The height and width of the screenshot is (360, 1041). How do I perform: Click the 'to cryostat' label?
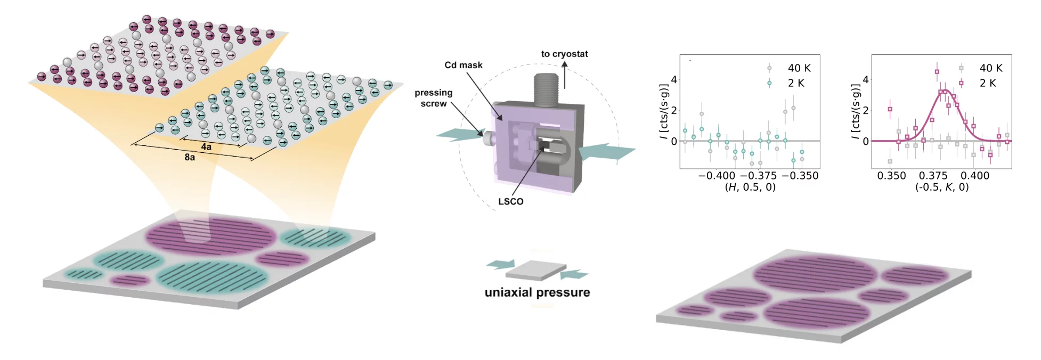tap(564, 54)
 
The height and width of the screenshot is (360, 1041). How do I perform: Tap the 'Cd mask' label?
tap(463, 65)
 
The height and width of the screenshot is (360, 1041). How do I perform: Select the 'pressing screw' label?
tap(434, 98)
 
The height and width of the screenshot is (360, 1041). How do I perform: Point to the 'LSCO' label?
tap(510, 201)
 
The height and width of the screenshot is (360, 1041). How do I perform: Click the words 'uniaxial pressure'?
tap(537, 292)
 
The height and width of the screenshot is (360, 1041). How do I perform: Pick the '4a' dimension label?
tap(206, 146)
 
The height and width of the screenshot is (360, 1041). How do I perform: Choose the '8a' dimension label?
tap(190, 157)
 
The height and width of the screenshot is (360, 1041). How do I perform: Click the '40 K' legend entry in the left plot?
tap(799, 68)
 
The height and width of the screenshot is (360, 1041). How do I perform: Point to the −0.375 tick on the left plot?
tap(759, 176)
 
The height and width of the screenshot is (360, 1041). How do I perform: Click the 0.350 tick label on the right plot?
tap(891, 176)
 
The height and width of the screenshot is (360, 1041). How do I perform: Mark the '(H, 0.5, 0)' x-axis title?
tap(750, 187)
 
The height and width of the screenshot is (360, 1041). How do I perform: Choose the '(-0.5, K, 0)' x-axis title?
tap(942, 187)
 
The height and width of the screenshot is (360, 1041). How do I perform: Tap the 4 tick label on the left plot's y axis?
tap(674, 80)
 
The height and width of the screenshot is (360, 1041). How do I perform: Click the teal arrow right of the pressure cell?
tap(607, 151)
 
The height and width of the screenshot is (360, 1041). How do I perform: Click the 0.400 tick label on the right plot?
tap(975, 176)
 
